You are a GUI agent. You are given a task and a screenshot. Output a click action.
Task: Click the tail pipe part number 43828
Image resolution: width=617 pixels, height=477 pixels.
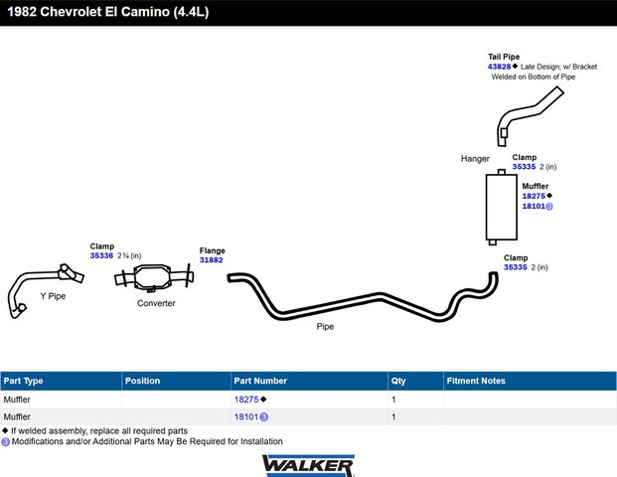pyautogui.click(x=499, y=67)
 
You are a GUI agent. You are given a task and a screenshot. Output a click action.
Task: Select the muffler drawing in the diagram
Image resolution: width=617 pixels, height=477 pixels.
pyautogui.click(x=502, y=207)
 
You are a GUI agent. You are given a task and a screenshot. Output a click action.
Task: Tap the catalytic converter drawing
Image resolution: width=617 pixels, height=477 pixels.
pyautogui.click(x=154, y=277)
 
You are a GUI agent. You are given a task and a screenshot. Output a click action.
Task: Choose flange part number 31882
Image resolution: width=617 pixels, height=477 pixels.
pyautogui.click(x=212, y=260)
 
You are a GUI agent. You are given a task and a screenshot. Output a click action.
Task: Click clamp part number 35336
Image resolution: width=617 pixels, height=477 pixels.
pyautogui.click(x=101, y=255)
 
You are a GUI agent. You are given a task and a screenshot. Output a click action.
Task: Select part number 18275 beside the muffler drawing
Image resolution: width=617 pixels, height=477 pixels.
pyautogui.click(x=534, y=196)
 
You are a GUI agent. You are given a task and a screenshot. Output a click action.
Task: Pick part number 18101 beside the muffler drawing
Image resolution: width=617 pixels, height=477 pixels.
pyautogui.click(x=534, y=207)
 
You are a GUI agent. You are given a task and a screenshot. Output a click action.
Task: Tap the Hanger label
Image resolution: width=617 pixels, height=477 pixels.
pyautogui.click(x=475, y=159)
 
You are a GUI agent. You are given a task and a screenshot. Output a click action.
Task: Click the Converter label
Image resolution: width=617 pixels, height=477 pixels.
pyautogui.click(x=156, y=303)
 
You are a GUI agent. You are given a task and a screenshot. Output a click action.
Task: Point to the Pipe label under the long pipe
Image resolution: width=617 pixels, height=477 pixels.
pyautogui.click(x=325, y=327)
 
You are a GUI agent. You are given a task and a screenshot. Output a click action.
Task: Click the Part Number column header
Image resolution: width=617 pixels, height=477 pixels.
pyautogui.click(x=260, y=381)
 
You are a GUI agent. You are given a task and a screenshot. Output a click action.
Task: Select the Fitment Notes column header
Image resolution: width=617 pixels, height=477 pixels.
pyautogui.click(x=476, y=381)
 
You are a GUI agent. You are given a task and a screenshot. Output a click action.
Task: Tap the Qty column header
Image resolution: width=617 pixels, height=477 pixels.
pyautogui.click(x=398, y=381)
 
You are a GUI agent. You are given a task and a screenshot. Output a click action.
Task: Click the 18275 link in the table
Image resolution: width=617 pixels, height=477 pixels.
pyautogui.click(x=246, y=399)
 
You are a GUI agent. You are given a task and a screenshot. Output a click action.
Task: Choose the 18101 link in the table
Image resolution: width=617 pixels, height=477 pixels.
pyautogui.click(x=246, y=416)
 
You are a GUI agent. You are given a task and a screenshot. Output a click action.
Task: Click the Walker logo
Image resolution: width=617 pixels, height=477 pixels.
pyautogui.click(x=308, y=466)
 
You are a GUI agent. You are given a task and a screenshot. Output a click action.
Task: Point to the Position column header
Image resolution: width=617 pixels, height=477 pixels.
pyautogui.click(x=142, y=381)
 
